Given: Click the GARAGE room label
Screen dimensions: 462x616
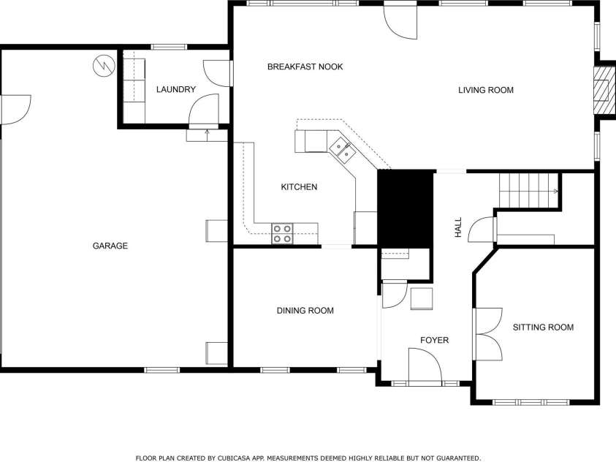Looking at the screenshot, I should pos(110,246).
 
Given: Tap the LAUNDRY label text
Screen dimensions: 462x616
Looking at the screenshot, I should pos(176,90).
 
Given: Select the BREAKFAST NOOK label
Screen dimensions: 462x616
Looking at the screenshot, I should pos(305,67).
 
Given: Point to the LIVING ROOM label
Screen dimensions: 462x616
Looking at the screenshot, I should pos(486,90).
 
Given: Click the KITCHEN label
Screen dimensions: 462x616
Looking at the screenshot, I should pos(299,187).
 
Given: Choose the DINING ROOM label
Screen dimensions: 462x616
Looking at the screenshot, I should pos(305,311).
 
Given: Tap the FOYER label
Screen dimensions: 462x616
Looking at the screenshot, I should pos(434,340).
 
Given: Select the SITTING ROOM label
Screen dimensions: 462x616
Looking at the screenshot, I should pos(543,327).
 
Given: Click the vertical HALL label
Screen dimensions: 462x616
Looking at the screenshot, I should pos(458,227).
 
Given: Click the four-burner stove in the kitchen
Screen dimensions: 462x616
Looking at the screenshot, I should pos(282,233).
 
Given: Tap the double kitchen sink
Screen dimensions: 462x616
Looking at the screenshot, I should pos(342,149).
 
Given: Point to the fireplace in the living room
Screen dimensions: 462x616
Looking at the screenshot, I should pos(602,89).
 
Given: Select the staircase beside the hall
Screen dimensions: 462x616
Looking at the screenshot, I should pos(528,191).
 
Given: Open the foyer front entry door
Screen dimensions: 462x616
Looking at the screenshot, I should pos(425,366).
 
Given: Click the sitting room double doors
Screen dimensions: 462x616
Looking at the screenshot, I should pos(488,334).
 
